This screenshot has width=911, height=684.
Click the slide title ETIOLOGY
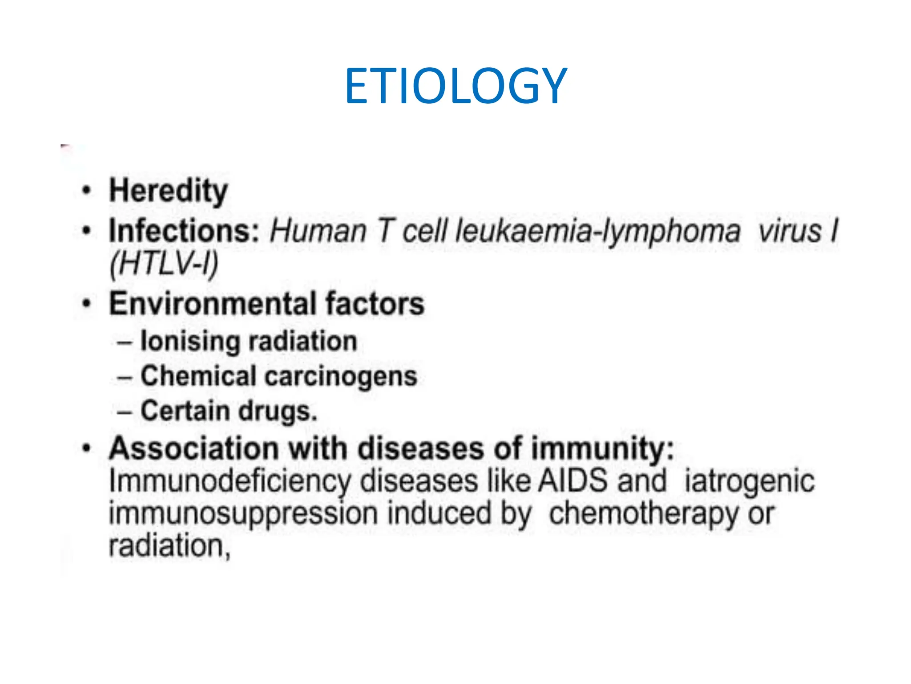click(x=455, y=86)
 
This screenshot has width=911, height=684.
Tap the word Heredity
click(x=169, y=191)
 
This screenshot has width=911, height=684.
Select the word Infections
click(x=184, y=231)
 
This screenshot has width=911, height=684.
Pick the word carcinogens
click(x=341, y=377)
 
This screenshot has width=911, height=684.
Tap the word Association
click(x=193, y=448)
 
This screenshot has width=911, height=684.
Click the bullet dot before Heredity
click(x=87, y=191)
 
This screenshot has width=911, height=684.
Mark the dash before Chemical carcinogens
click(x=124, y=378)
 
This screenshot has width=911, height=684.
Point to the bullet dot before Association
click(x=87, y=448)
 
